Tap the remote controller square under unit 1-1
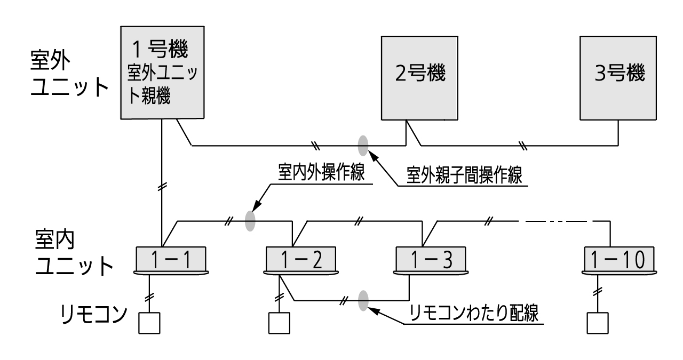click(x=149, y=322)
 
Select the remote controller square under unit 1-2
click(x=279, y=322)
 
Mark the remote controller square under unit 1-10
click(x=598, y=322)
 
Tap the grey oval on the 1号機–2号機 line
click(x=363, y=144)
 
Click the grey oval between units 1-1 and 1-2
click(x=250, y=221)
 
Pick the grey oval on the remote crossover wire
click(x=363, y=300)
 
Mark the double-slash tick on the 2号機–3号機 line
click(x=523, y=145)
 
